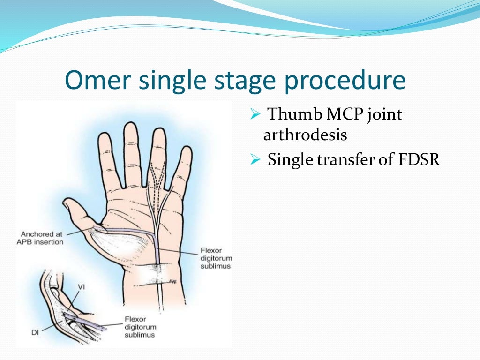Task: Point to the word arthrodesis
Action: [x=305, y=135]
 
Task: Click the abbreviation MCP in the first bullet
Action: [x=337, y=114]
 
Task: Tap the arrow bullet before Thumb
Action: [x=255, y=114]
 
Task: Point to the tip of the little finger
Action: [x=186, y=150]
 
